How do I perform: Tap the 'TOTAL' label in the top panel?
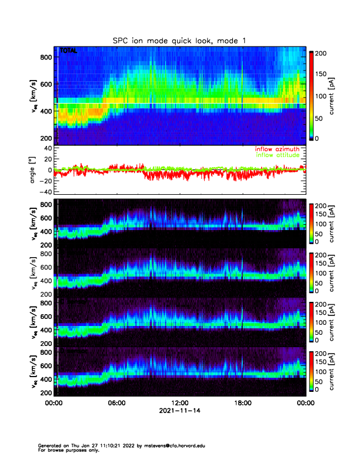click(68, 52)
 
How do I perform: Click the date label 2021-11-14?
click(179, 411)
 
